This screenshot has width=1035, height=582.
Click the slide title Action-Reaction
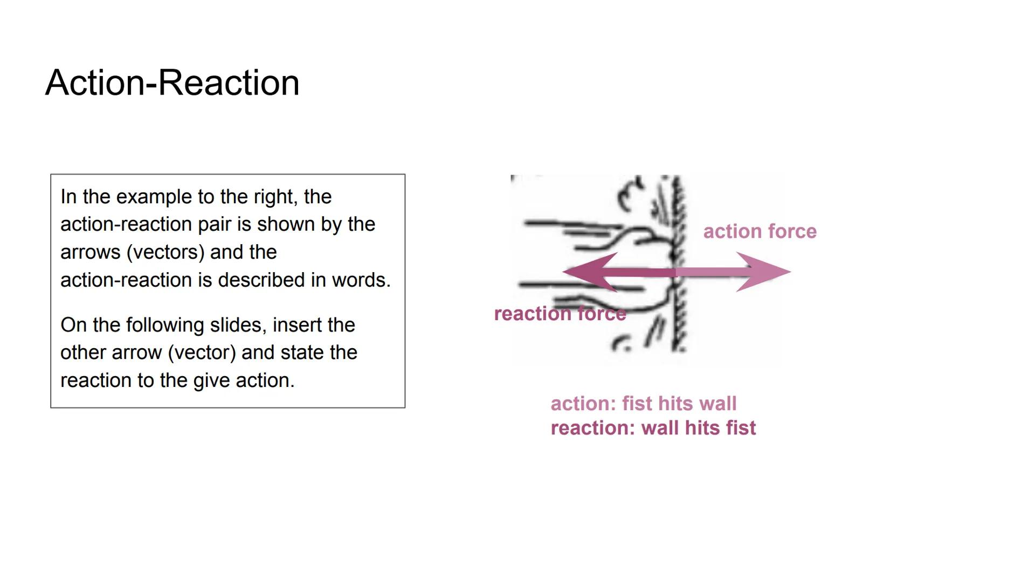[x=172, y=83]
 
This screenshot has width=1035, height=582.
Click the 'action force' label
[x=760, y=232]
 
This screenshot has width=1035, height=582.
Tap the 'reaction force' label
[x=560, y=314]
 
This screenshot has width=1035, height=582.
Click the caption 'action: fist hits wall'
[x=643, y=404]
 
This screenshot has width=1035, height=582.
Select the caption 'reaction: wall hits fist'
[x=653, y=428]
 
